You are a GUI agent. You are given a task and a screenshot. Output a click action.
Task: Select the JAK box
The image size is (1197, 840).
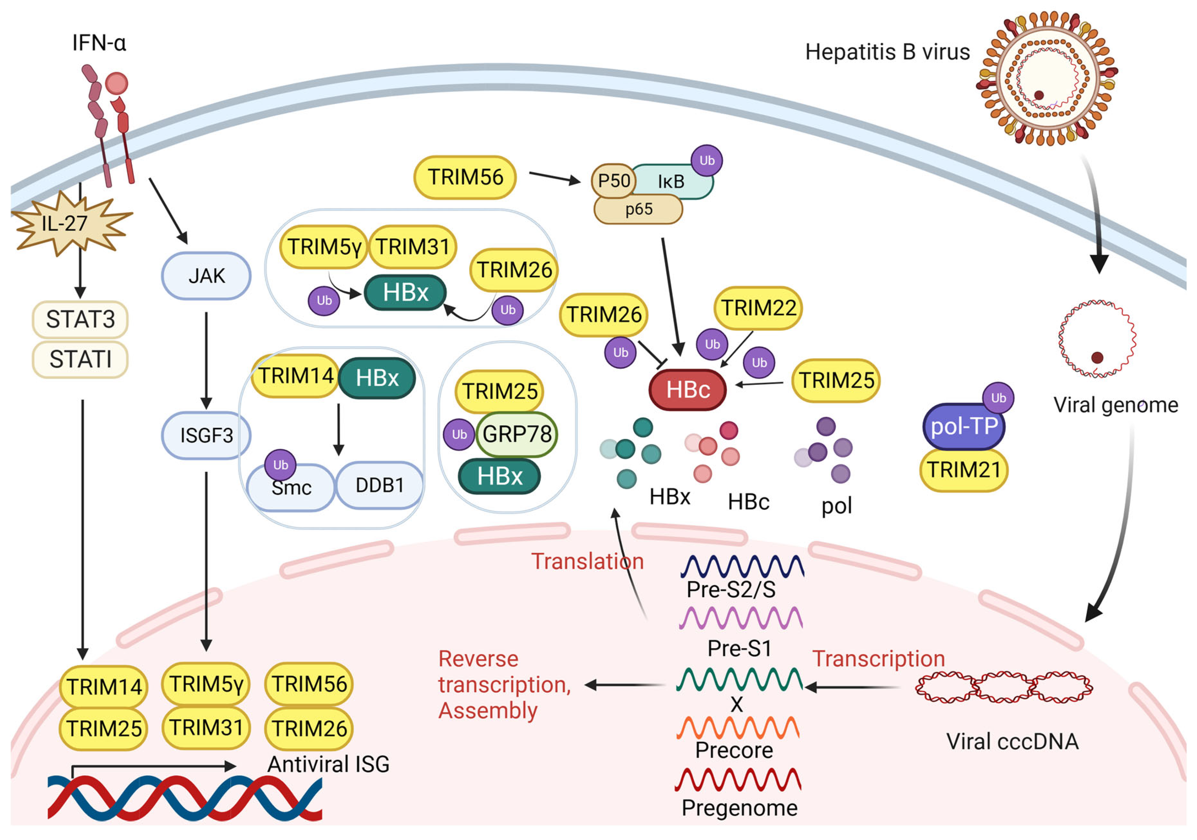click(x=206, y=276)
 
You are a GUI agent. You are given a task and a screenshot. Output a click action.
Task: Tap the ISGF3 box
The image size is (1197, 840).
click(x=206, y=435)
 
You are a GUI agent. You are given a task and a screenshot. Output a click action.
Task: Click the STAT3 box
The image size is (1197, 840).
click(x=80, y=319)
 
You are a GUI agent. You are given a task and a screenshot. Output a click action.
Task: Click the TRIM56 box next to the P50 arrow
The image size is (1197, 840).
click(x=465, y=177)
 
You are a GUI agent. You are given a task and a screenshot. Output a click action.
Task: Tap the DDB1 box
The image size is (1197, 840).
click(x=379, y=485)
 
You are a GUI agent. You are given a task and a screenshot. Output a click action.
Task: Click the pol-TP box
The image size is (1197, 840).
click(x=963, y=427)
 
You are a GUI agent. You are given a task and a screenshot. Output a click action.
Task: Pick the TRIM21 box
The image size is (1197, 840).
click(x=963, y=470)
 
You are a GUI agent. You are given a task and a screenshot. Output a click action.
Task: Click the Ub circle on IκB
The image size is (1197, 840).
click(x=706, y=161)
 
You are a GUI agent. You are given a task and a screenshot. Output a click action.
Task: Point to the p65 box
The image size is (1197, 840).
click(x=638, y=209)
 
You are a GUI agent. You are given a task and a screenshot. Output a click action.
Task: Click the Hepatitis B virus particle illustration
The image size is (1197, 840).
click(x=1046, y=78)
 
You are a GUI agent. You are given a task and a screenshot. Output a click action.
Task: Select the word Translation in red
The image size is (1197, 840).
click(x=588, y=562)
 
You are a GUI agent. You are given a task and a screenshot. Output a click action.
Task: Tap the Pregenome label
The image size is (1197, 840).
click(x=739, y=808)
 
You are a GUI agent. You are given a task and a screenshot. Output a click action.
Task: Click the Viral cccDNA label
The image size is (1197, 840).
click(x=1012, y=741)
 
